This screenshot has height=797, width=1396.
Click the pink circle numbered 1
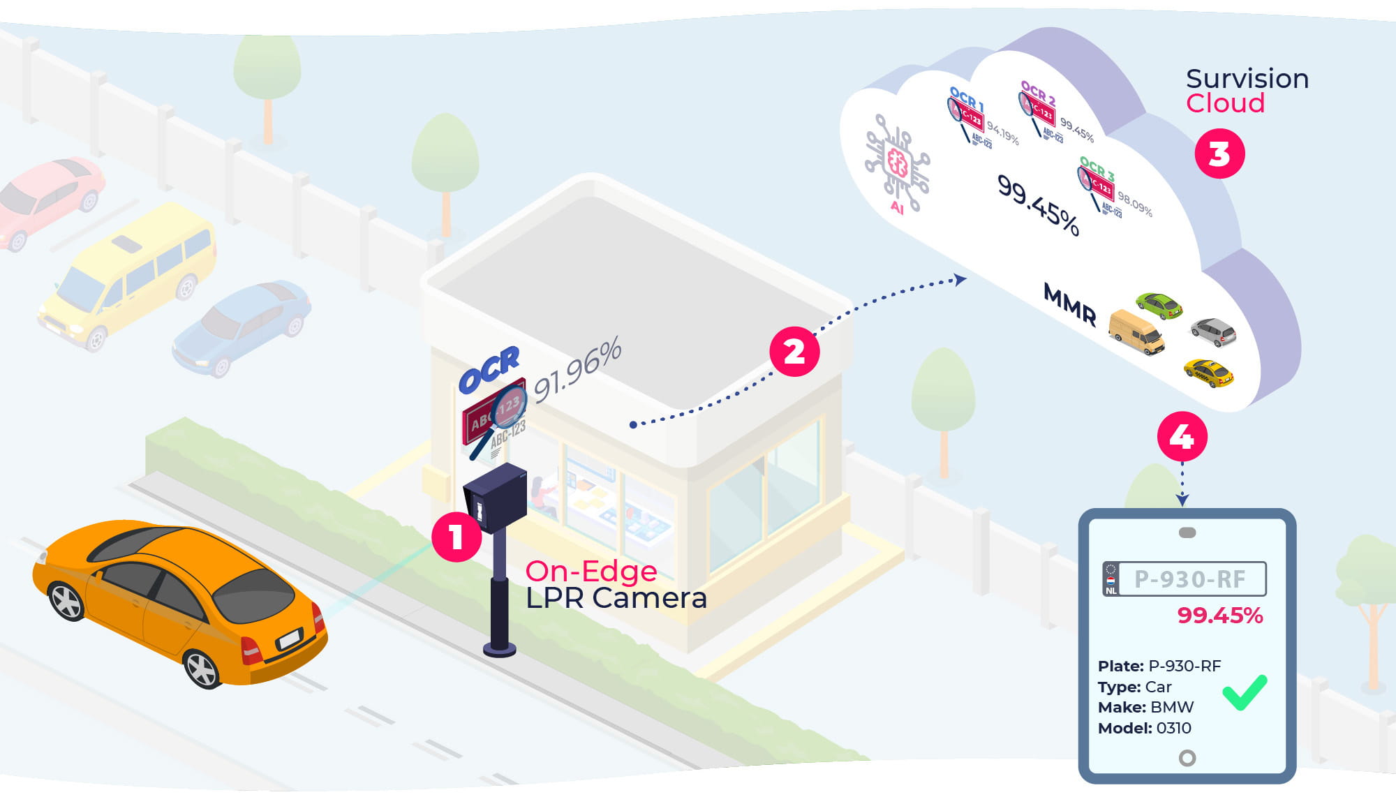tap(456, 537)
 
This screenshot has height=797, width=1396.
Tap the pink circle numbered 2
tap(794, 352)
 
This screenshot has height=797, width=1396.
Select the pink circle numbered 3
tap(1219, 154)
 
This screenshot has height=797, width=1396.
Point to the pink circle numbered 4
tap(1182, 437)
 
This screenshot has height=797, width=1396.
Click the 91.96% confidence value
tap(577, 370)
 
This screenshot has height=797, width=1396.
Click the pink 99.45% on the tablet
tap(1219, 615)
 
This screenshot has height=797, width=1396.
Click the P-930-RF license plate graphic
tap(1185, 579)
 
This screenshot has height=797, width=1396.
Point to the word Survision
tap(1247, 79)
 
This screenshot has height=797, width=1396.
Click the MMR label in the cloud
tap(1069, 304)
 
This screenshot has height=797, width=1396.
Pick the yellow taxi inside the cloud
tap(1208, 373)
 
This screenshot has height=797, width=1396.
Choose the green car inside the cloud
tap(1159, 305)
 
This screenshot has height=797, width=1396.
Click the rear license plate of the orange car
tap(288, 638)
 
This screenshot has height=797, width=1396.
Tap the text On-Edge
tap(591, 572)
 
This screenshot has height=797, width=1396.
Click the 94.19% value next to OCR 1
tap(1002, 133)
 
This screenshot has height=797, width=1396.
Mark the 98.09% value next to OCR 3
tap(1134, 203)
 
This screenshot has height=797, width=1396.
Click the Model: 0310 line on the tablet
tap(1144, 728)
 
